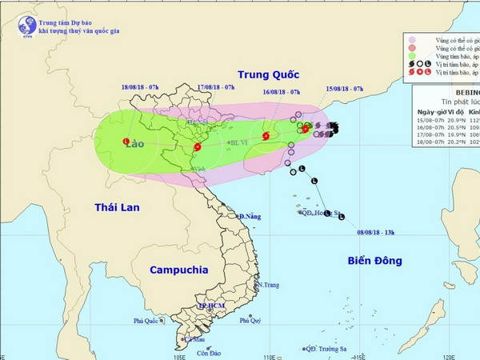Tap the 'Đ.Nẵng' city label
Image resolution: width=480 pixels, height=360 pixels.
point(251,217)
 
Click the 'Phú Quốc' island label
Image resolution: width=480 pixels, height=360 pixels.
point(149,321)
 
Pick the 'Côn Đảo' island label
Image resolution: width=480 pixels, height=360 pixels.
point(210,353)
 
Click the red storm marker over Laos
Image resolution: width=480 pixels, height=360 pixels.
point(126,142)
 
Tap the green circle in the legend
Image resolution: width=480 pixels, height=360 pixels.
point(412,59)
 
